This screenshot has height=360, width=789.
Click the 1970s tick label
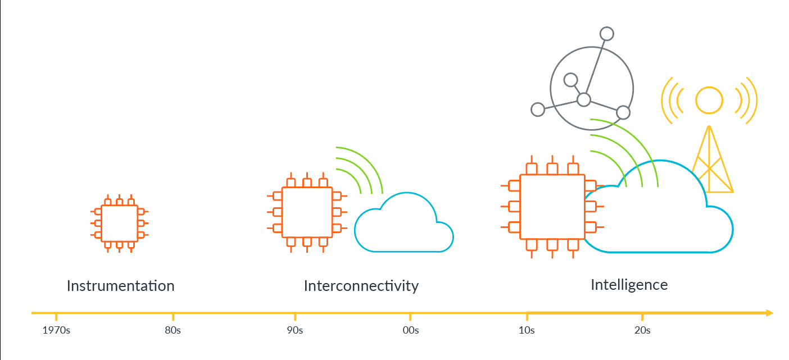coord(56,330)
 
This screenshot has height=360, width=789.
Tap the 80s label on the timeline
coord(173,330)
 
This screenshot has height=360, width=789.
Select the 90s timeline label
coord(295,330)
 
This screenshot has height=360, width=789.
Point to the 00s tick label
coord(411,330)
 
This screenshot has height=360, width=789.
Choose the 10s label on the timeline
coord(527,330)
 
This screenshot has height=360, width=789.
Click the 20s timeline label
coord(642,330)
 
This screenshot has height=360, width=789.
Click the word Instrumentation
coord(120,286)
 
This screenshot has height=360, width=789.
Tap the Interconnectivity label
coord(361,286)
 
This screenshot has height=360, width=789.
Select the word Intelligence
coord(629,285)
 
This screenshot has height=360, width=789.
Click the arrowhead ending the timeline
coord(769,313)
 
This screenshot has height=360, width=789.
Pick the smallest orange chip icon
coord(119,224)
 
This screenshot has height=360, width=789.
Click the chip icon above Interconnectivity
coord(307,212)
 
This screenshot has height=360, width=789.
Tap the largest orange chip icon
coord(552,207)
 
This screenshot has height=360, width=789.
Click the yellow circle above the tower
coord(709,101)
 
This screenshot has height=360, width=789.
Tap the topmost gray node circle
coord(606,34)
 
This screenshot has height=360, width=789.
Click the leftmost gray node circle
coord(537,110)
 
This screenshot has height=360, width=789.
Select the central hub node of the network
coord(584,99)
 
